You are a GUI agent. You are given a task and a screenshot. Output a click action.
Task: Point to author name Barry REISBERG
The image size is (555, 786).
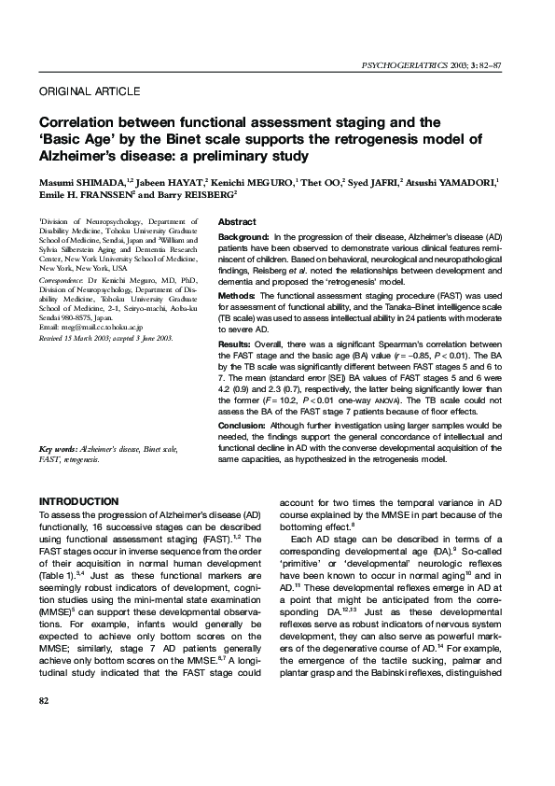[202, 194]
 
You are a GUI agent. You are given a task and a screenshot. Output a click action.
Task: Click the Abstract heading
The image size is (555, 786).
[237, 222]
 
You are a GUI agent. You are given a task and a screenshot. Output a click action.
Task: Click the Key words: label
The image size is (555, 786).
[58, 449]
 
